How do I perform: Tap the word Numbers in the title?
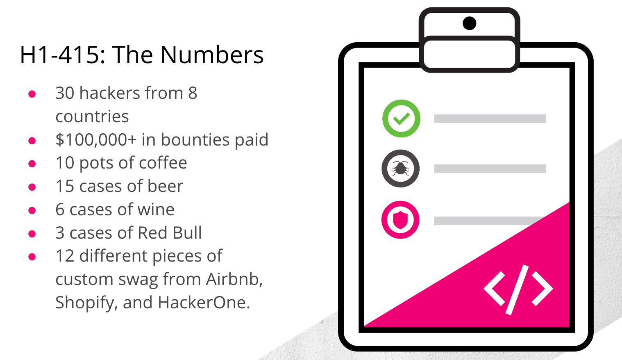tap(212, 55)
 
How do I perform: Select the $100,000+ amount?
tap(96, 140)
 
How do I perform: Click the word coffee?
tap(163, 163)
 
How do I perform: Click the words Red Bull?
tap(170, 233)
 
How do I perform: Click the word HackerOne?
tap(204, 303)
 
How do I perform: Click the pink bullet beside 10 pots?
tap(32, 164)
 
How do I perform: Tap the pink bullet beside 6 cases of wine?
tap(32, 210)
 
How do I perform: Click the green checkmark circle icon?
tap(401, 118)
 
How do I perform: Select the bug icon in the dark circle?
tap(400, 169)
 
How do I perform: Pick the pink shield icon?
tap(400, 220)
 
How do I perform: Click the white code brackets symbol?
tap(518, 290)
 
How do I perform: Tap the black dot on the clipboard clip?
tap(469, 23)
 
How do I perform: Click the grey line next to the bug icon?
tap(490, 169)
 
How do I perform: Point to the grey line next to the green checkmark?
tap(490, 118)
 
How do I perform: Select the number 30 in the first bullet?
tap(65, 93)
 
